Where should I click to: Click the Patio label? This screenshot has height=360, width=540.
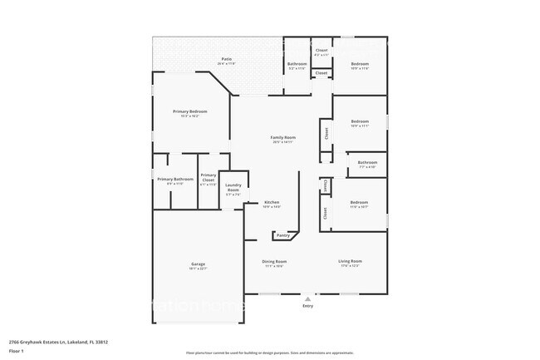pyautogui.click(x=226, y=60)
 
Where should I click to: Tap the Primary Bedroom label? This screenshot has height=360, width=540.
pyautogui.click(x=189, y=111)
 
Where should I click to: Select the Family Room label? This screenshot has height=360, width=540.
pyautogui.click(x=283, y=137)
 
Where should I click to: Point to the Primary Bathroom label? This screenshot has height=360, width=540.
pyautogui.click(x=175, y=180)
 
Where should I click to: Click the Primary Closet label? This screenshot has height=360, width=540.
pyautogui.click(x=209, y=177)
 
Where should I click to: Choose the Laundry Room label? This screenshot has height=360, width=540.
pyautogui.click(x=233, y=188)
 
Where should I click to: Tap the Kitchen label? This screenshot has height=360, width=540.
pyautogui.click(x=272, y=203)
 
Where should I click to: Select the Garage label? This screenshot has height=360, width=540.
pyautogui.click(x=198, y=264)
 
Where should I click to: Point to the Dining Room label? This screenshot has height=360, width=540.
pyautogui.click(x=274, y=262)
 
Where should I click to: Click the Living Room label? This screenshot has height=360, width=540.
pyautogui.click(x=350, y=262)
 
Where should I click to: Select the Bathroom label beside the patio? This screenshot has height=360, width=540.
pyautogui.click(x=297, y=64)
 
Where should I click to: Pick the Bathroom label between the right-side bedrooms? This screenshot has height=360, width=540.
pyautogui.click(x=367, y=162)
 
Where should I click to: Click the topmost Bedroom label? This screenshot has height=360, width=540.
pyautogui.click(x=359, y=64)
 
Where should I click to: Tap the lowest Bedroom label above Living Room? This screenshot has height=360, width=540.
pyautogui.click(x=359, y=203)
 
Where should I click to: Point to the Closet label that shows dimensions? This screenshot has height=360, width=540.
pyautogui.click(x=322, y=51)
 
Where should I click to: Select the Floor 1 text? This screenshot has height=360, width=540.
pyautogui.click(x=17, y=352)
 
